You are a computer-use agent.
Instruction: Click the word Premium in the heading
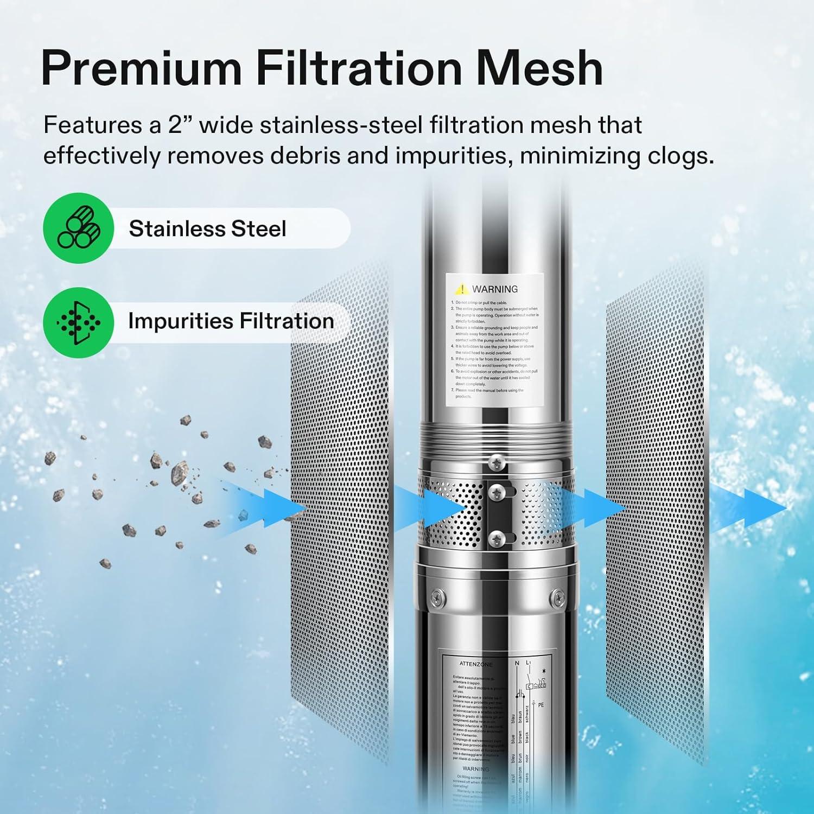pos(141,69)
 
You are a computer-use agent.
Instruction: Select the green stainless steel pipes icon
pos(79,228)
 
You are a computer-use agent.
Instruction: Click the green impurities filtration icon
pos(79,322)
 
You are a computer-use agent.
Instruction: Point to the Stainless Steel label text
pos(207,228)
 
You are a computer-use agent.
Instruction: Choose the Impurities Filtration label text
pos(231,321)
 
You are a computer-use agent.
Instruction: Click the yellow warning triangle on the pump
pos(461,289)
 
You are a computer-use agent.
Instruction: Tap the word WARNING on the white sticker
pos(494,289)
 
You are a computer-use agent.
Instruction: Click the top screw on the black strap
pos(497,463)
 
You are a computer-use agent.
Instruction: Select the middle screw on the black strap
pos(497,493)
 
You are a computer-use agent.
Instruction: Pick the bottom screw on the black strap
pos(497,538)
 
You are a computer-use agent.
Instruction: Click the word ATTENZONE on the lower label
pos(476,664)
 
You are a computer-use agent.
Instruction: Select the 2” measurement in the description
pos(181,125)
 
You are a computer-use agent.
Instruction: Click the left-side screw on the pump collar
pos(437,598)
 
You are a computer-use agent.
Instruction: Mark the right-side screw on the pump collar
pos(557,598)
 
